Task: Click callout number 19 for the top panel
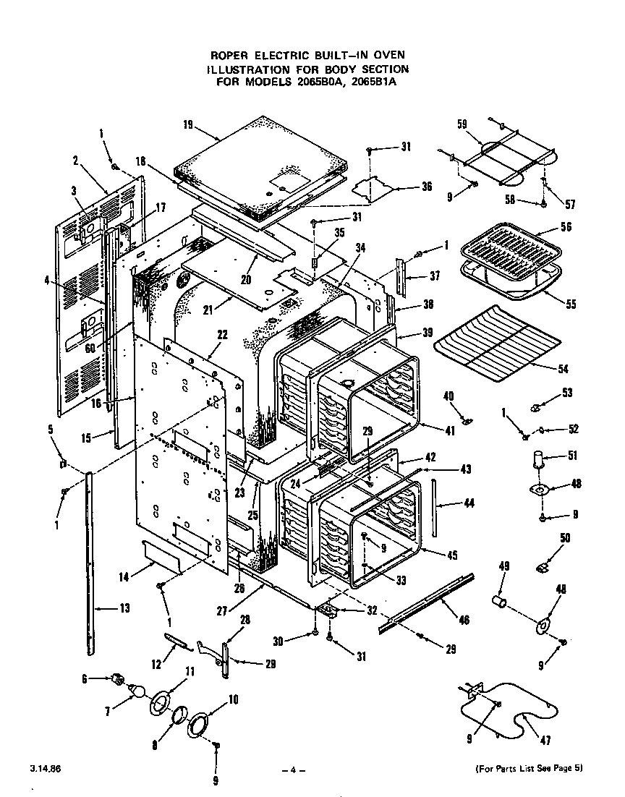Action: coord(187,124)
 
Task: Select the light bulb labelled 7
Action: coord(135,692)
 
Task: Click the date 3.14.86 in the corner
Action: coord(46,767)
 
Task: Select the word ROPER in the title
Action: coord(230,55)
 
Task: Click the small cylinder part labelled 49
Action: coord(498,601)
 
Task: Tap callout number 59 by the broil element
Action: coord(462,124)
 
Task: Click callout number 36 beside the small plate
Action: coord(426,187)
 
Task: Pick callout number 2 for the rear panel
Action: coord(76,160)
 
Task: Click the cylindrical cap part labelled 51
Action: coord(539,461)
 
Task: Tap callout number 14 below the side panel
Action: coord(124,576)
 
